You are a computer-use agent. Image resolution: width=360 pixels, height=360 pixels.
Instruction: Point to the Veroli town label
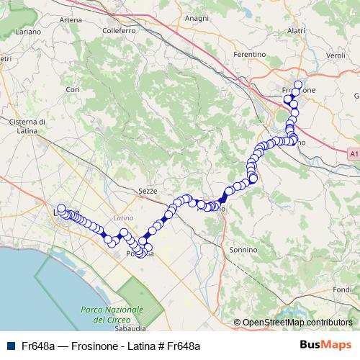click(x=336, y=55)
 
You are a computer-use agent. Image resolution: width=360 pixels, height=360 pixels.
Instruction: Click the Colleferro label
click(x=119, y=31)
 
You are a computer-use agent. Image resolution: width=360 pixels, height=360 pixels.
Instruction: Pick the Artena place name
click(x=70, y=19)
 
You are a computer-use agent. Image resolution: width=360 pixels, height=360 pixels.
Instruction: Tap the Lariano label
click(x=28, y=32)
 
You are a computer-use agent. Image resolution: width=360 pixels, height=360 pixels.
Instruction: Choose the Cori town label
click(x=71, y=89)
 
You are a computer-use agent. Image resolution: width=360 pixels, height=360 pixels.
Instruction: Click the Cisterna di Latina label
click(x=28, y=126)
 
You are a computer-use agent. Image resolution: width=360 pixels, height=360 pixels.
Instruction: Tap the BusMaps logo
click(x=326, y=345)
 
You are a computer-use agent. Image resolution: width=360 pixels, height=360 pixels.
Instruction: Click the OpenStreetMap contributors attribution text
click(x=297, y=323)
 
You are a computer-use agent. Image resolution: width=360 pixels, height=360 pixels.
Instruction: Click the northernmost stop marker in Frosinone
click(x=297, y=84)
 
